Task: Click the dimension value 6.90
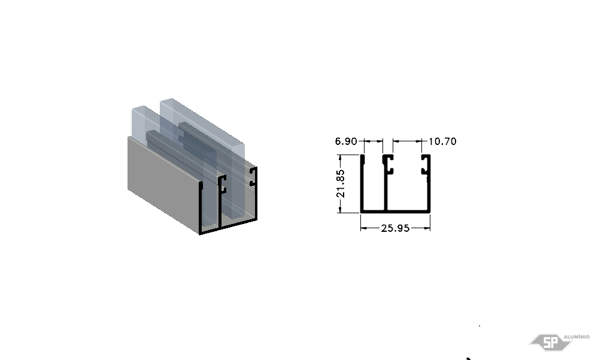[x=346, y=141]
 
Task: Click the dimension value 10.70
[x=442, y=141]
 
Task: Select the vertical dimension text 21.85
[x=341, y=184]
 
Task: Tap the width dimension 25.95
[x=395, y=228]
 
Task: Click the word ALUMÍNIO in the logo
[x=576, y=337]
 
